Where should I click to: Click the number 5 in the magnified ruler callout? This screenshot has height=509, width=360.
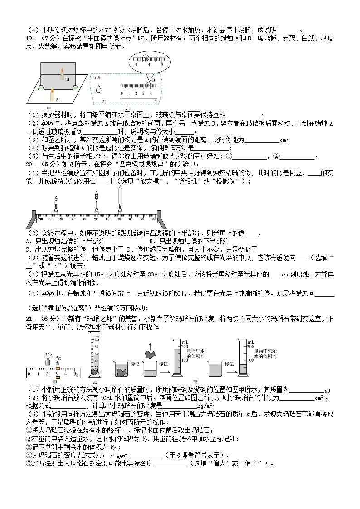pos(161,66)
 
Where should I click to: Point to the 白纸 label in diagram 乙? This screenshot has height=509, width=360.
pos(96,78)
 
